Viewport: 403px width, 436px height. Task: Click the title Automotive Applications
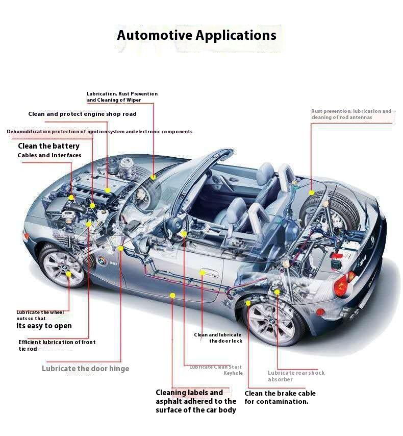click(196, 35)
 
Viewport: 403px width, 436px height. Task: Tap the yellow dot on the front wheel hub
click(69, 274)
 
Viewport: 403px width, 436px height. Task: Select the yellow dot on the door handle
click(203, 273)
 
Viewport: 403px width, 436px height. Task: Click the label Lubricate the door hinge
click(86, 369)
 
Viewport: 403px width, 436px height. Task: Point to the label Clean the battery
click(48, 146)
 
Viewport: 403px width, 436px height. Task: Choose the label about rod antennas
click(351, 114)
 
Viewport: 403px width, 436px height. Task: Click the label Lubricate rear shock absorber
click(296, 376)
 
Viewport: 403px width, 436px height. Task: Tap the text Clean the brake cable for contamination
click(280, 397)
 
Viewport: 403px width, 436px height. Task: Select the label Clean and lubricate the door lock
click(218, 338)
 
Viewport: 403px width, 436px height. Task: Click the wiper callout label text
click(122, 97)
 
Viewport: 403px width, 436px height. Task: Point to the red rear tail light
click(342, 285)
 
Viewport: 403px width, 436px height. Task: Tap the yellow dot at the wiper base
click(153, 177)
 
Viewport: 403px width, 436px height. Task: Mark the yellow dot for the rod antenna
click(312, 192)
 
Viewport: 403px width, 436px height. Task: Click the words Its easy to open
click(44, 326)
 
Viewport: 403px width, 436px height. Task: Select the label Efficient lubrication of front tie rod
click(57, 345)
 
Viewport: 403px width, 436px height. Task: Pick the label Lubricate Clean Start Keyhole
click(216, 370)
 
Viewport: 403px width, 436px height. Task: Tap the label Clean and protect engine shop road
click(82, 114)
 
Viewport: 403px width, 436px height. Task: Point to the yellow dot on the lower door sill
click(172, 295)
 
